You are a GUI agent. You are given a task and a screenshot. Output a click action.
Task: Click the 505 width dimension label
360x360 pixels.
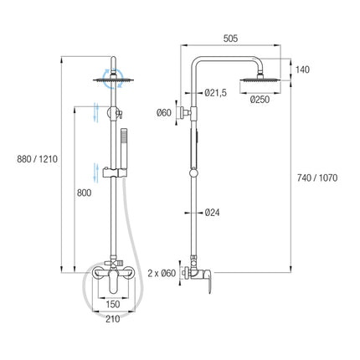pyautogui.click(x=230, y=39)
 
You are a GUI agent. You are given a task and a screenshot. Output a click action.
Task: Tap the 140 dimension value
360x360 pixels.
pyautogui.click(x=302, y=69)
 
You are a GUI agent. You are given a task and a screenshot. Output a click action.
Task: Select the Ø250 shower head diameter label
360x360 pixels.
pyautogui.click(x=260, y=100)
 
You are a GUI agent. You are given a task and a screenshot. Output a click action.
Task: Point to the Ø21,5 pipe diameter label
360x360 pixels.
pyautogui.click(x=215, y=93)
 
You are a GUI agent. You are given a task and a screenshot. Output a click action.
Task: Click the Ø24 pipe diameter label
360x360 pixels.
pyautogui.click(x=212, y=213)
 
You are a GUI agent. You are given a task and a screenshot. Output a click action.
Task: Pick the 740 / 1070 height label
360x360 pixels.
pyautogui.click(x=317, y=177)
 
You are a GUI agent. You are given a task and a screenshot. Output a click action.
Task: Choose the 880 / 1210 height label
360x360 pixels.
pyautogui.click(x=37, y=159)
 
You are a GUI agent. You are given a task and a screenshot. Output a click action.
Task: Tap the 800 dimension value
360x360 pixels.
pyautogui.click(x=84, y=193)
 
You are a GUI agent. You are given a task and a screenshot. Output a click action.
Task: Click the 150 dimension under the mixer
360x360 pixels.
pyautogui.click(x=113, y=304)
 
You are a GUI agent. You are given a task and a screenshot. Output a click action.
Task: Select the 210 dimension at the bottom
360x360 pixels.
pyautogui.click(x=113, y=319)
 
